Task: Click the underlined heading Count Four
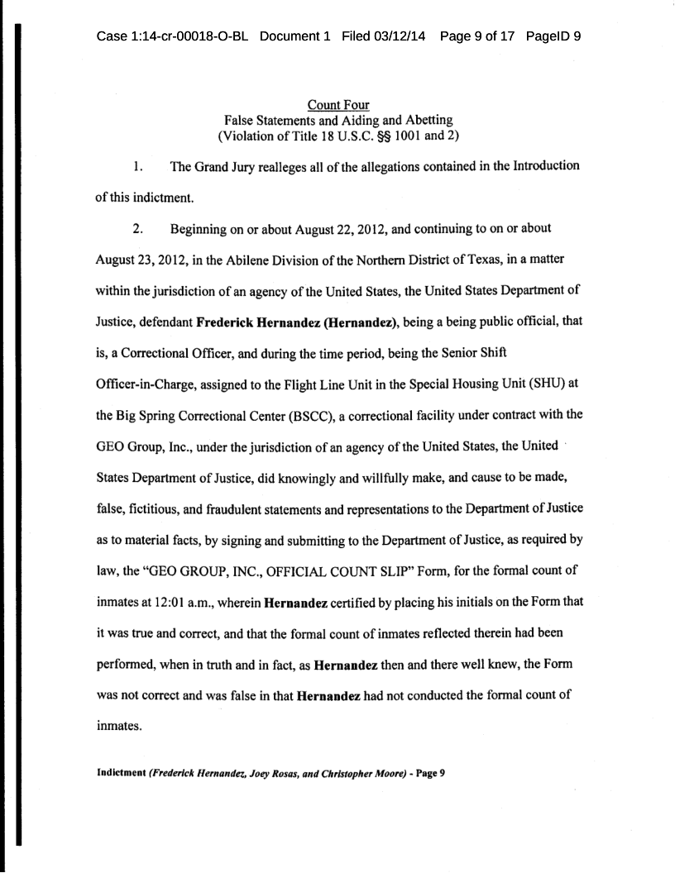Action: tap(338, 105)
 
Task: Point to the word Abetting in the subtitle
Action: tap(417, 121)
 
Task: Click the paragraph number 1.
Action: tap(139, 167)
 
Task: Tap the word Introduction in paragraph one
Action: tap(536, 167)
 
